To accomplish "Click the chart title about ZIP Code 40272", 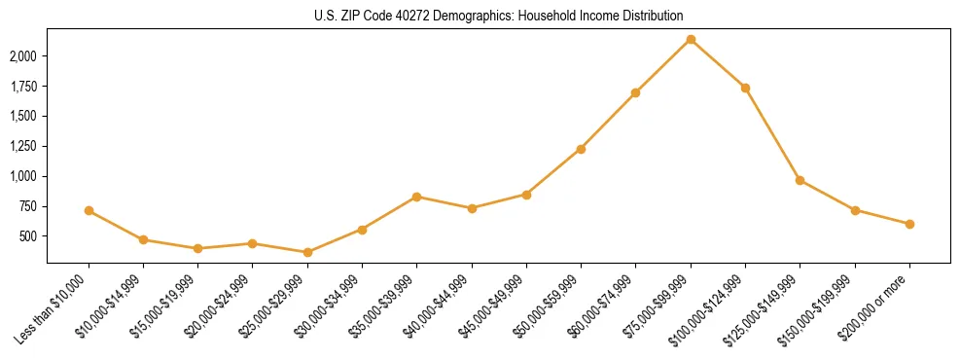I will pyautogui.click(x=480, y=17).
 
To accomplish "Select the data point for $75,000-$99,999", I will pyautogui.click(x=691, y=40).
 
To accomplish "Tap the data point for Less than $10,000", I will pyautogui.click(x=89, y=210).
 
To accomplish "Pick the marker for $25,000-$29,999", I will pyautogui.click(x=307, y=252).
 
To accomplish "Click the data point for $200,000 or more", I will pyautogui.click(x=909, y=224).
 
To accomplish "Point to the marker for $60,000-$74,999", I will pyautogui.click(x=635, y=92).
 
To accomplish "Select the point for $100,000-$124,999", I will pyautogui.click(x=745, y=88).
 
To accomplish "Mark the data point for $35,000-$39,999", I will pyautogui.click(x=416, y=197).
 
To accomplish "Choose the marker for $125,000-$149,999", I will pyautogui.click(x=800, y=180).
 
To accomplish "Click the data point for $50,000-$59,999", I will pyautogui.click(x=581, y=149).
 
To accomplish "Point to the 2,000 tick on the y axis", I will pyautogui.click(x=22, y=56).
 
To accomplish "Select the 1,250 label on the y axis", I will pyautogui.click(x=22, y=147).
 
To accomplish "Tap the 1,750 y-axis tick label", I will pyautogui.click(x=22, y=87).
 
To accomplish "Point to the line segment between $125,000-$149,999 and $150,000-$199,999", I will pyautogui.click(x=827, y=195).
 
